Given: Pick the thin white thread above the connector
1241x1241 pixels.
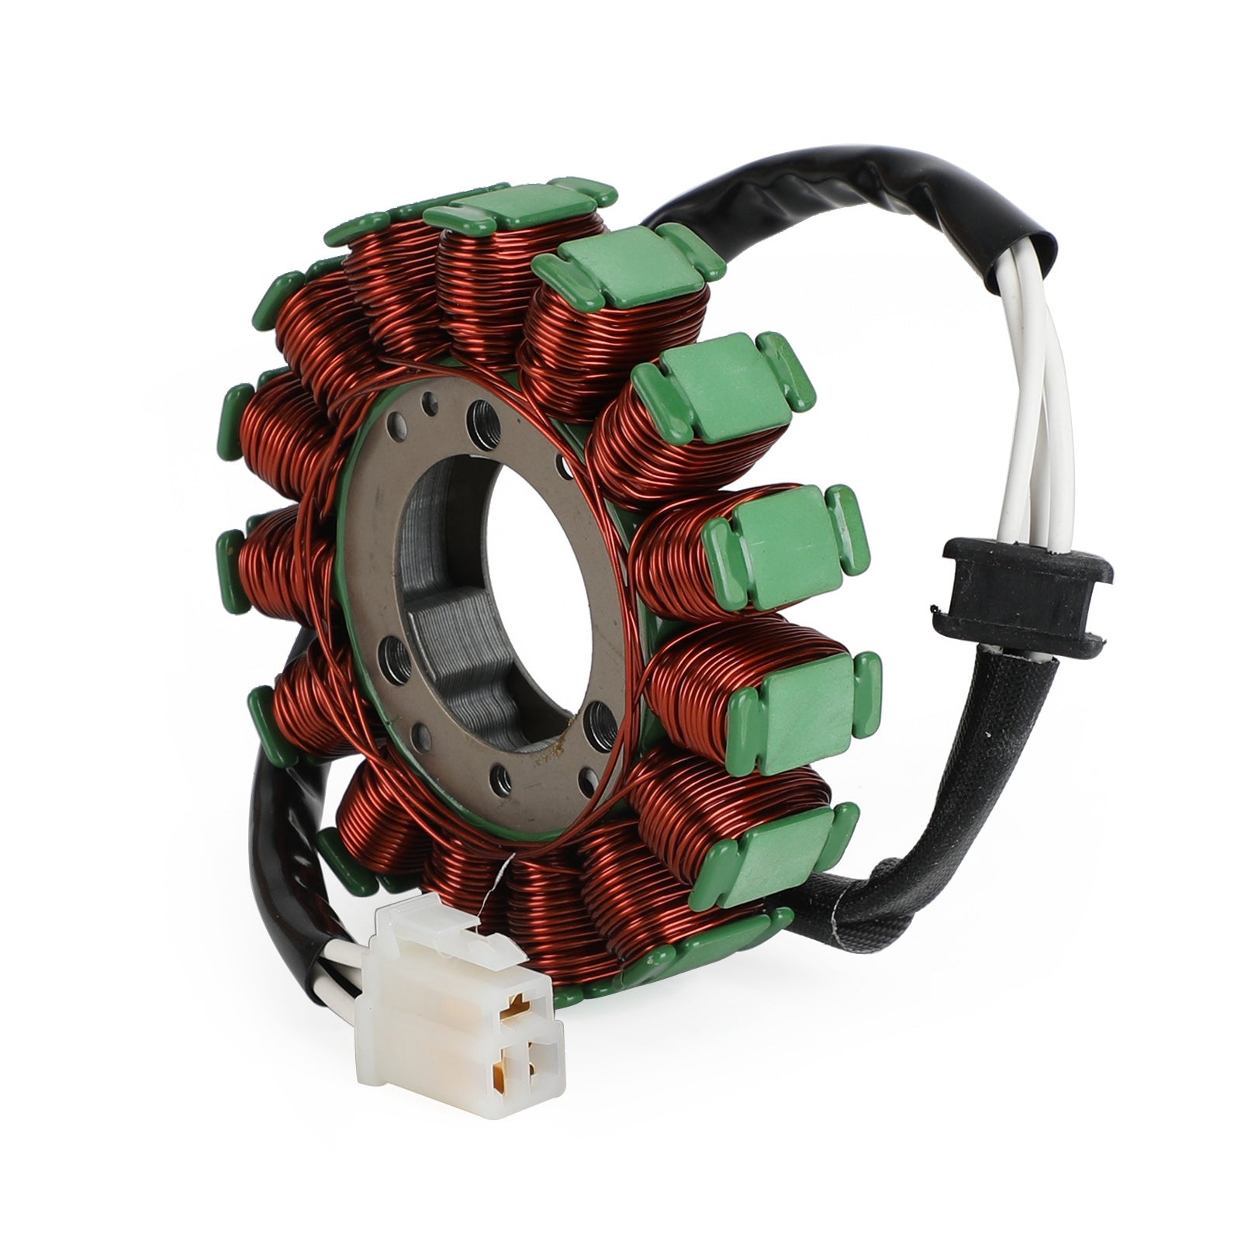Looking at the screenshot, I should pos(496,892).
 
